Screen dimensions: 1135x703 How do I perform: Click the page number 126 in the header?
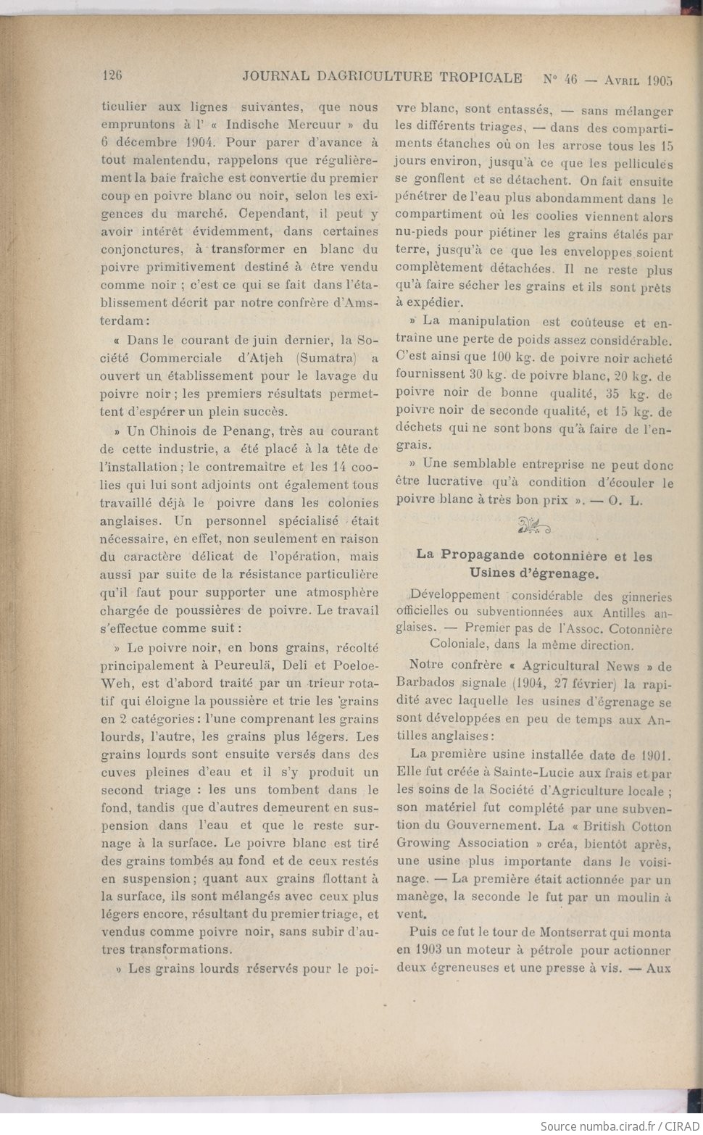(x=112, y=75)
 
